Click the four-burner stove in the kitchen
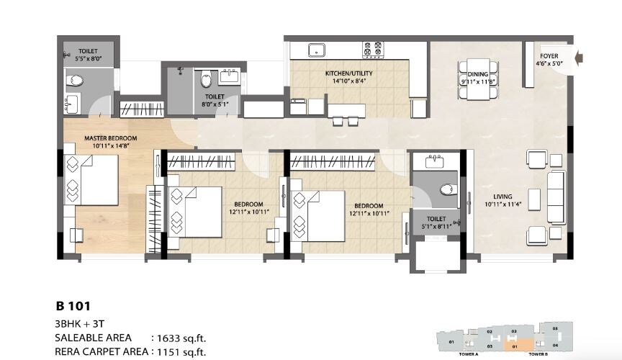pos(372,50)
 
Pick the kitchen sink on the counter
pos(315,50)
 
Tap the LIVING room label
pos(502,197)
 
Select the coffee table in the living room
pos(533,196)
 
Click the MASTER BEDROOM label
pos(110,138)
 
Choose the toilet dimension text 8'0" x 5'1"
pos(215,104)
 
